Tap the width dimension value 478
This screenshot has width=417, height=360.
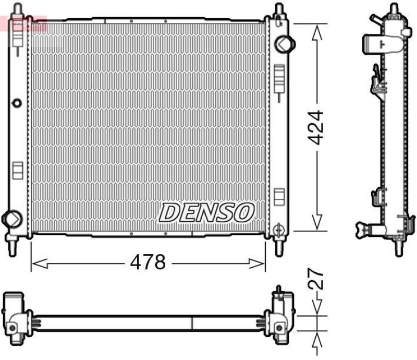(x=148, y=262)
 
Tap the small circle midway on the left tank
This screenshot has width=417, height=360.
(x=17, y=102)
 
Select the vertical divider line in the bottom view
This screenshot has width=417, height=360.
(x=193, y=322)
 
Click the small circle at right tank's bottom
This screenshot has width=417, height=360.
(x=279, y=227)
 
